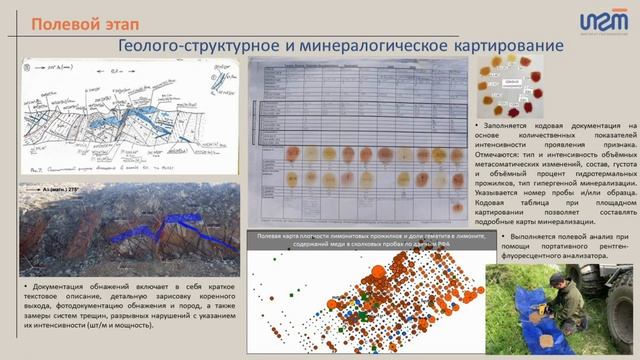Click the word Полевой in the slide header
[54, 22]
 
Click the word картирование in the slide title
[493, 46]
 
